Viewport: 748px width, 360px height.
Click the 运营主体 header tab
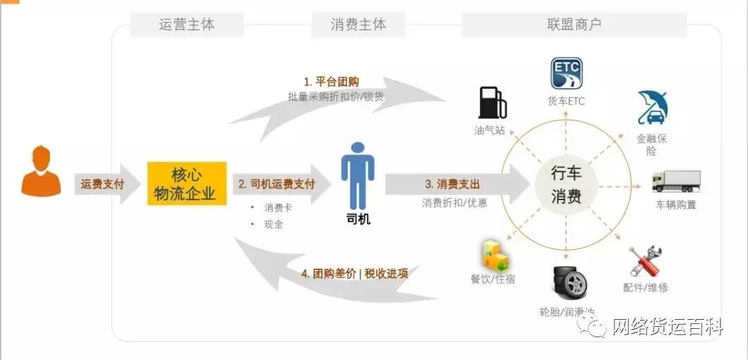pyautogui.click(x=187, y=25)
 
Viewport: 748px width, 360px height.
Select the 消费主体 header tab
pyautogui.click(x=358, y=25)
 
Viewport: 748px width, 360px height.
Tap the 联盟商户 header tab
pyautogui.click(x=574, y=25)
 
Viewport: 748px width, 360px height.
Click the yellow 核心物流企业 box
pyautogui.click(x=186, y=183)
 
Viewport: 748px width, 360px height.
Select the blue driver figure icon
pyautogui.click(x=357, y=176)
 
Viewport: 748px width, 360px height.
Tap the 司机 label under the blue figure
pyautogui.click(x=357, y=219)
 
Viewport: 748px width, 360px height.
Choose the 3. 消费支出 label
pyautogui.click(x=452, y=184)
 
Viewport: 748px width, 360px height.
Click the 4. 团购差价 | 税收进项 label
pyautogui.click(x=355, y=273)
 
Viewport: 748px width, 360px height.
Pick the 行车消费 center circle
pyautogui.click(x=566, y=184)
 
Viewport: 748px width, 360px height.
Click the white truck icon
pyautogui.click(x=675, y=181)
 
